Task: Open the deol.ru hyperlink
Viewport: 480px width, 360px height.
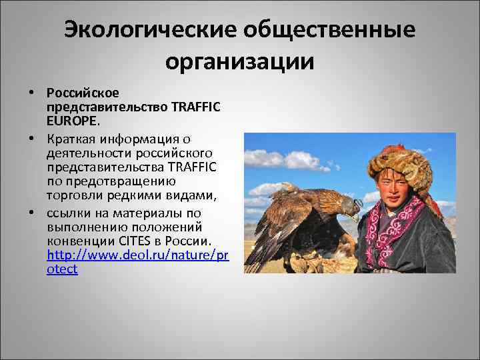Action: click(137, 255)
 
